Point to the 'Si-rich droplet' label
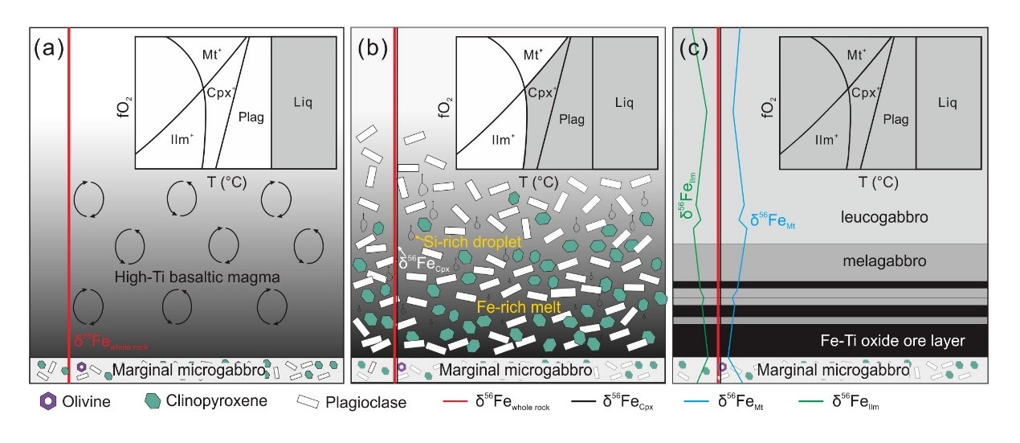466,240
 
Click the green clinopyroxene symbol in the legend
152,401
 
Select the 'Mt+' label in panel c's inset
857,55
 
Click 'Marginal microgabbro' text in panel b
515,371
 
